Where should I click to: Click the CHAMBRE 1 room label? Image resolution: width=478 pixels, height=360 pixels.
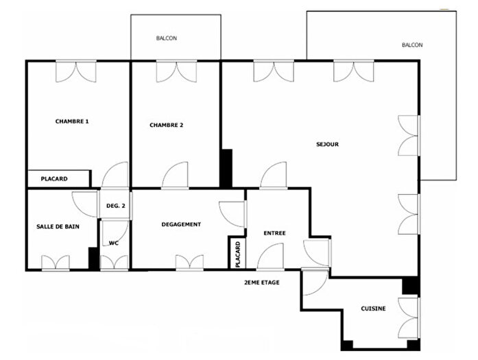click(72, 121)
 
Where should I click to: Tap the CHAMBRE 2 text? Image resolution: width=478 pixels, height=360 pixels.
click(167, 125)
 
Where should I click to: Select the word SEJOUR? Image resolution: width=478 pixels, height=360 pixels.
click(328, 145)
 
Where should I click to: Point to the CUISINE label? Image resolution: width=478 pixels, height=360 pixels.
click(373, 309)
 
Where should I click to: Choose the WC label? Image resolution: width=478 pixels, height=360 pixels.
click(114, 243)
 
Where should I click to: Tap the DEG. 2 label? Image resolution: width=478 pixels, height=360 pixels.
click(115, 206)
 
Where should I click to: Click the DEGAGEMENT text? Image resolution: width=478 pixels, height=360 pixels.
click(181, 224)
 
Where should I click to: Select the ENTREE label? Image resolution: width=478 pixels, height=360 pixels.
click(274, 233)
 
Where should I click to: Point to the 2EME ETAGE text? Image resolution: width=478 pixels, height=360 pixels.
click(262, 283)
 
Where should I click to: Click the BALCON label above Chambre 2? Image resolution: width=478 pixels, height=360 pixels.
click(166, 39)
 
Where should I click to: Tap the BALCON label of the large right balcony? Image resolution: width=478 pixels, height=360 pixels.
click(412, 45)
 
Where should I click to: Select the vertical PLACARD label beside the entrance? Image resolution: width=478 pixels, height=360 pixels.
click(237, 254)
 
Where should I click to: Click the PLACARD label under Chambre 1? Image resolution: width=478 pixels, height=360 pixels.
click(54, 179)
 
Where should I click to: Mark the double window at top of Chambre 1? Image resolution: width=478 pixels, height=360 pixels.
click(75, 70)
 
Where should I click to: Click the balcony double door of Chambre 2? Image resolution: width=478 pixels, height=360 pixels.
click(176, 70)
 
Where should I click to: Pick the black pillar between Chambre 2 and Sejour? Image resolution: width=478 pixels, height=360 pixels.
click(226, 168)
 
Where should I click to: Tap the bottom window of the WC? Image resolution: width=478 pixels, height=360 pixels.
click(114, 263)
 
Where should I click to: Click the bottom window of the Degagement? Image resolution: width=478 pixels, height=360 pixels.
click(189, 263)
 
